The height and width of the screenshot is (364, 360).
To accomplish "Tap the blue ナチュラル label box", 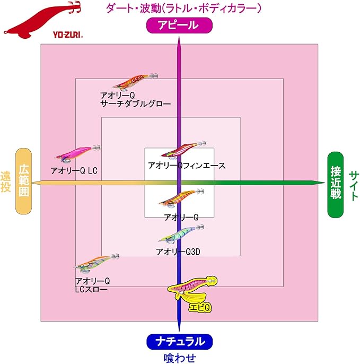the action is click(180, 342).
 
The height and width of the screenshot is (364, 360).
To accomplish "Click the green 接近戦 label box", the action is click(335, 185).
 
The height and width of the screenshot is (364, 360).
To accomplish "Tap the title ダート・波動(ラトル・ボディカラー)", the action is click(183, 8).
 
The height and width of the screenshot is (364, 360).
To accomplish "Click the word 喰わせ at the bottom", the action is click(179, 358).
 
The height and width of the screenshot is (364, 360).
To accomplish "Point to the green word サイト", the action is click(353, 185).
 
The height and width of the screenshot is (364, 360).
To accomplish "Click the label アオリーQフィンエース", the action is click(187, 166).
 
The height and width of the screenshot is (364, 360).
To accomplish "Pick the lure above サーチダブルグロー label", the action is click(133, 82).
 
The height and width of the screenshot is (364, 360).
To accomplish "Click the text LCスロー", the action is click(91, 290).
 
